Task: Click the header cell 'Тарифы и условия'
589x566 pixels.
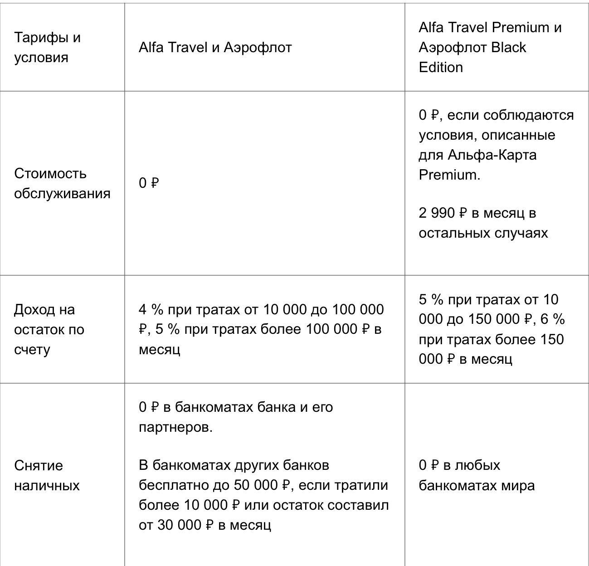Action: (x=47, y=47)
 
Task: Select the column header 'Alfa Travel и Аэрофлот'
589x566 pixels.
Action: (x=215, y=47)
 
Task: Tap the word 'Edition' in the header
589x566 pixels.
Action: (x=441, y=67)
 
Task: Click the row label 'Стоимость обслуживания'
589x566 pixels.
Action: (x=62, y=183)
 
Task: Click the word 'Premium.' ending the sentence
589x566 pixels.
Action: (x=449, y=175)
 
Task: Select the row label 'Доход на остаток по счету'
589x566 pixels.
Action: (x=49, y=330)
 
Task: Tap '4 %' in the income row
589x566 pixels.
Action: (x=151, y=310)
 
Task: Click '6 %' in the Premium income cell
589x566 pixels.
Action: (x=553, y=319)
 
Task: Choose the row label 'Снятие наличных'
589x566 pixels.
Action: (x=47, y=475)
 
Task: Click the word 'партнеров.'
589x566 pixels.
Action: (x=175, y=427)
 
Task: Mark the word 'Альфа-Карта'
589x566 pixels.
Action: (x=492, y=155)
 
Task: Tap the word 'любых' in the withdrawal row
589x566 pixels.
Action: (x=477, y=465)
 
